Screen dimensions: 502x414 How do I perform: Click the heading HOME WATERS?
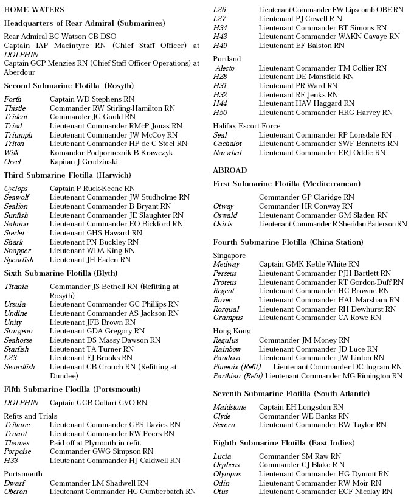click(x=34, y=10)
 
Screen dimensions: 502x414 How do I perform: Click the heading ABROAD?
click(x=230, y=170)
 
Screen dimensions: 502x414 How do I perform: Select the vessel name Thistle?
click(x=15, y=108)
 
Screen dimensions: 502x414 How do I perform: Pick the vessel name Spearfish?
click(x=19, y=260)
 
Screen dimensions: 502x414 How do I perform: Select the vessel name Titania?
click(x=16, y=286)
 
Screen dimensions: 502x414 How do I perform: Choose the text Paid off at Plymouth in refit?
click(x=95, y=442)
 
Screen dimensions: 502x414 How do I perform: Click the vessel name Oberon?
click(x=16, y=492)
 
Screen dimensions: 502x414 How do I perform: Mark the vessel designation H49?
click(x=220, y=46)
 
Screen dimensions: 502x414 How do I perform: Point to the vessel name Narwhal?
click(x=227, y=153)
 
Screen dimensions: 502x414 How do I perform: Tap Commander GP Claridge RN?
click(x=306, y=197)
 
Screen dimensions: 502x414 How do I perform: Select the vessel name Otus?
click(x=222, y=491)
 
